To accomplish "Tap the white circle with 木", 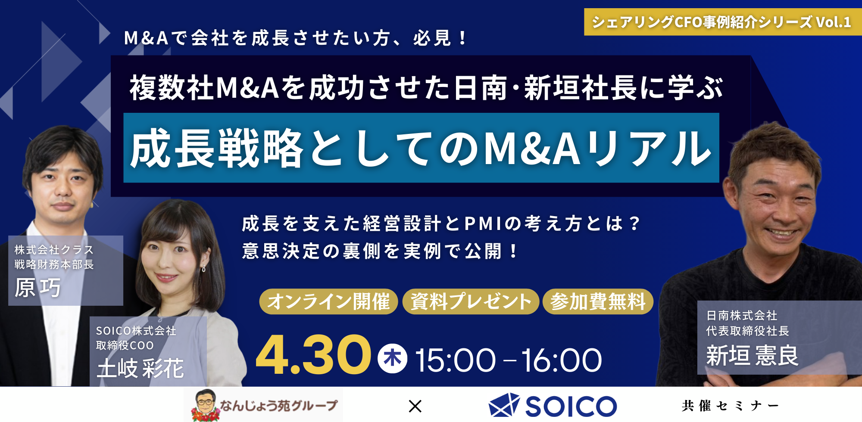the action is [x=392, y=358].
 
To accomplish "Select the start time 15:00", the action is [x=455, y=360].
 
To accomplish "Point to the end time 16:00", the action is [x=561, y=360].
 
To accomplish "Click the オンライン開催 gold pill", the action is [x=328, y=301].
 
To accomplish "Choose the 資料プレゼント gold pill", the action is [x=471, y=301].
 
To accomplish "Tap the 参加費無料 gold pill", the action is [x=598, y=301].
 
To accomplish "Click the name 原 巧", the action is [x=38, y=288].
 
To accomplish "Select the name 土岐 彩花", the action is [x=141, y=369].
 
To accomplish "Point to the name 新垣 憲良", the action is [x=752, y=356].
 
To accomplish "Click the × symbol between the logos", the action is [x=415, y=406].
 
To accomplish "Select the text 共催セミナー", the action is [x=730, y=406].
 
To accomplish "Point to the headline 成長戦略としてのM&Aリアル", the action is [x=421, y=148].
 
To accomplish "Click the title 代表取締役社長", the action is [x=747, y=331].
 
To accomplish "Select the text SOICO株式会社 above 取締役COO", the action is [x=136, y=331].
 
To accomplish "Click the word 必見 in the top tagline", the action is [x=432, y=38].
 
